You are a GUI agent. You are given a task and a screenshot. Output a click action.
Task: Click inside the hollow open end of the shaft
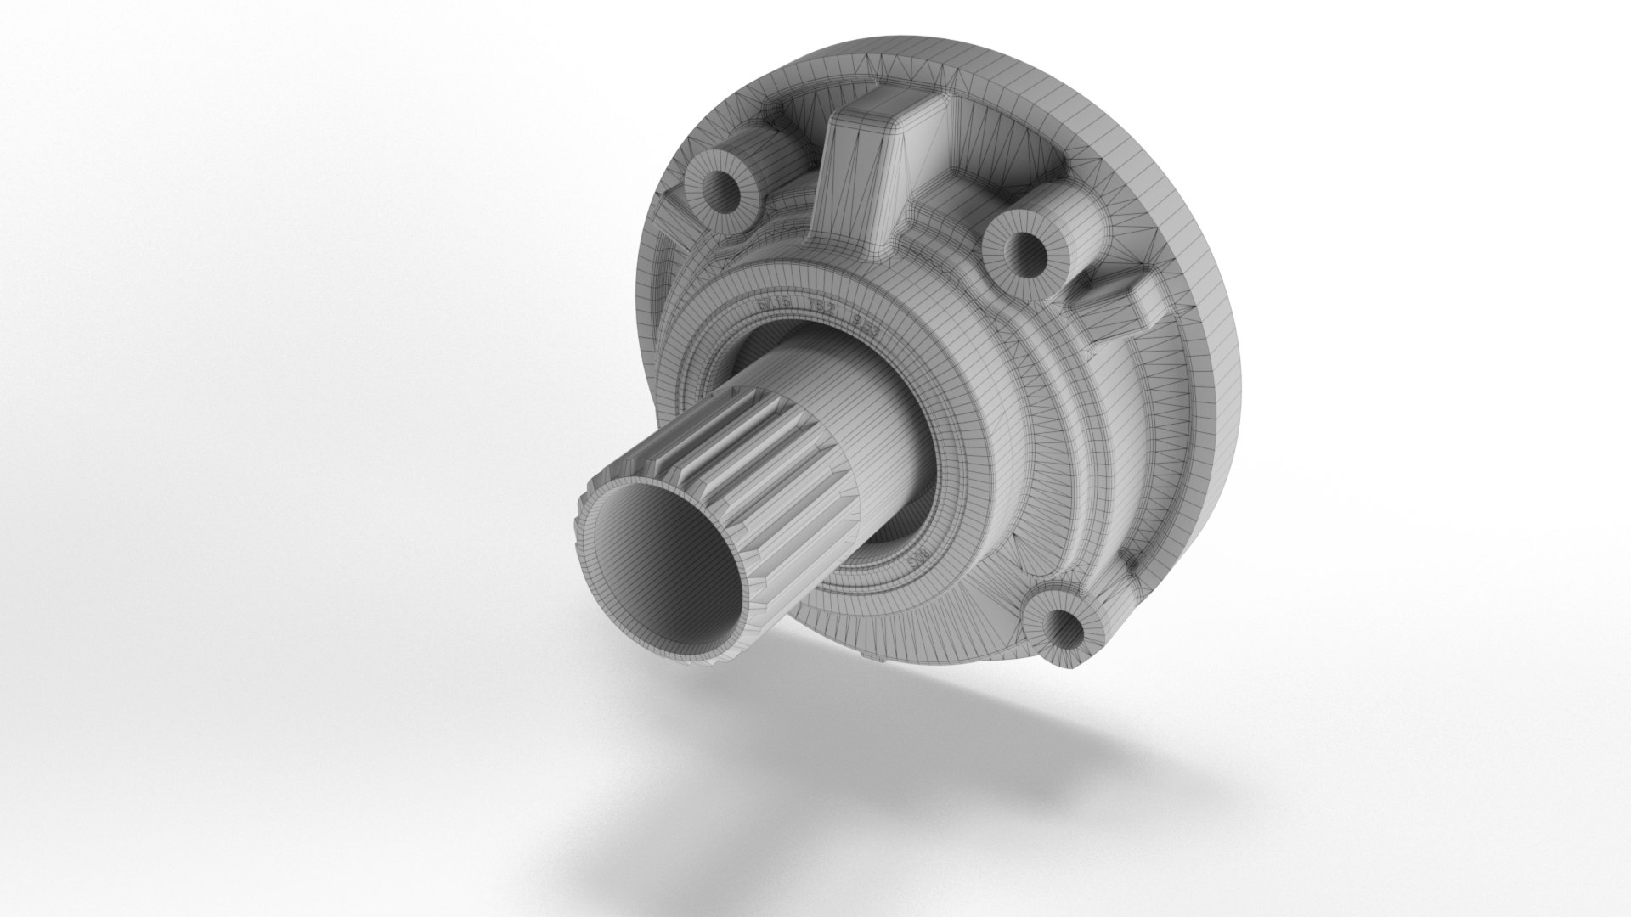[x=671, y=577]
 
